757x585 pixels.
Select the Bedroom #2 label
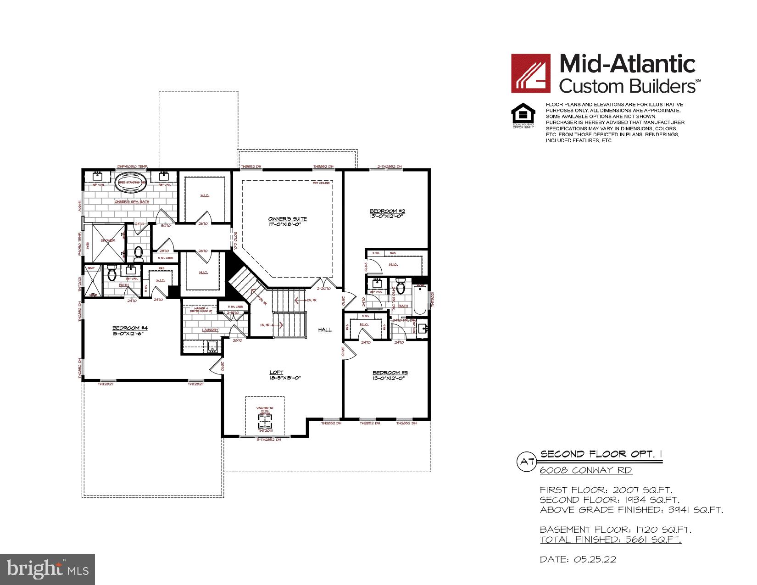(x=387, y=212)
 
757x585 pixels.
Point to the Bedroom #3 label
(x=390, y=373)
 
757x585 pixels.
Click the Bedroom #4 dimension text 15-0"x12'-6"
(x=130, y=334)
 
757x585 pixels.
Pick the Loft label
(x=277, y=372)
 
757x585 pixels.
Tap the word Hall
(x=325, y=329)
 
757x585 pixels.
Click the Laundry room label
(x=210, y=330)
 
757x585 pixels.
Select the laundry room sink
(x=212, y=347)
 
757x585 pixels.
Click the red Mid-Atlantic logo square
(x=530, y=73)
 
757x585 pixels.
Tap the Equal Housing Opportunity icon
(x=523, y=115)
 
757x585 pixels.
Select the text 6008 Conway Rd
(x=585, y=470)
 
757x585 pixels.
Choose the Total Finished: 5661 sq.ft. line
(x=610, y=540)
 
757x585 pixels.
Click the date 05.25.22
(x=578, y=560)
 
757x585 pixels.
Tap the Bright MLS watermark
(x=48, y=569)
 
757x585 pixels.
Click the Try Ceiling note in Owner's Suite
(x=321, y=183)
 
